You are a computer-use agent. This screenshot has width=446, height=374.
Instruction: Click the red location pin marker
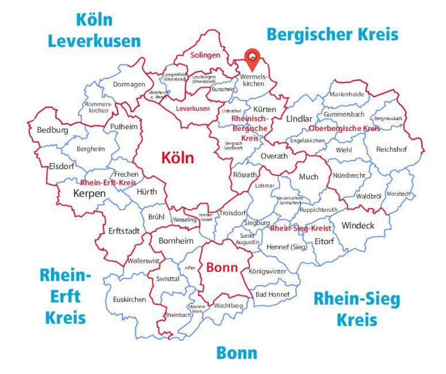[252, 59]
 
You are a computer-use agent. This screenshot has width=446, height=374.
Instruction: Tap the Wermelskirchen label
[253, 80]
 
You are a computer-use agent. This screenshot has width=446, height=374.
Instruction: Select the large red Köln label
[178, 158]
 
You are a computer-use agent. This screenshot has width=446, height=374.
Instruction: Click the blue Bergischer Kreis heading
[332, 35]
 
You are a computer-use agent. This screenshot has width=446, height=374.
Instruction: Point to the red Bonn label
[222, 268]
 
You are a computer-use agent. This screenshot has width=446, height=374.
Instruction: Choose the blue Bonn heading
[237, 353]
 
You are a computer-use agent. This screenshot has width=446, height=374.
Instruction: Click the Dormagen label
[129, 84]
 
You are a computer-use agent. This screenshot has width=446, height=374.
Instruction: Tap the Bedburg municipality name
[53, 130]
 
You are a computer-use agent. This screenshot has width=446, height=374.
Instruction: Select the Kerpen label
[89, 193]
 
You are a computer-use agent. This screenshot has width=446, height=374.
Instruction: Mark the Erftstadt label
[124, 231]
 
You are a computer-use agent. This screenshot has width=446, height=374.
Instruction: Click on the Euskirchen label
[130, 299]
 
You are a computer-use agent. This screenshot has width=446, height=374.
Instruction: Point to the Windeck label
[358, 225]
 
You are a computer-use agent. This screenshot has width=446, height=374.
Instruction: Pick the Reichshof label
[392, 149]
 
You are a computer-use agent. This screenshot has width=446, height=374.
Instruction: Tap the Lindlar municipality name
[299, 119]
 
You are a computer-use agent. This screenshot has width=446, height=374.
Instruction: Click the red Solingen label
[205, 55]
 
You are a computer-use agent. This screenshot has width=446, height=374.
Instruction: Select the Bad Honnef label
[272, 294]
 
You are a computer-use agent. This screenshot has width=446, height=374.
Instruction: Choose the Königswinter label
[268, 271]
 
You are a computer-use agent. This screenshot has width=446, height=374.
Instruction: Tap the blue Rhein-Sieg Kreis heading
[357, 309]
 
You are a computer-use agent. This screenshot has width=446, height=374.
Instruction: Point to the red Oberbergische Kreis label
[344, 129]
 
